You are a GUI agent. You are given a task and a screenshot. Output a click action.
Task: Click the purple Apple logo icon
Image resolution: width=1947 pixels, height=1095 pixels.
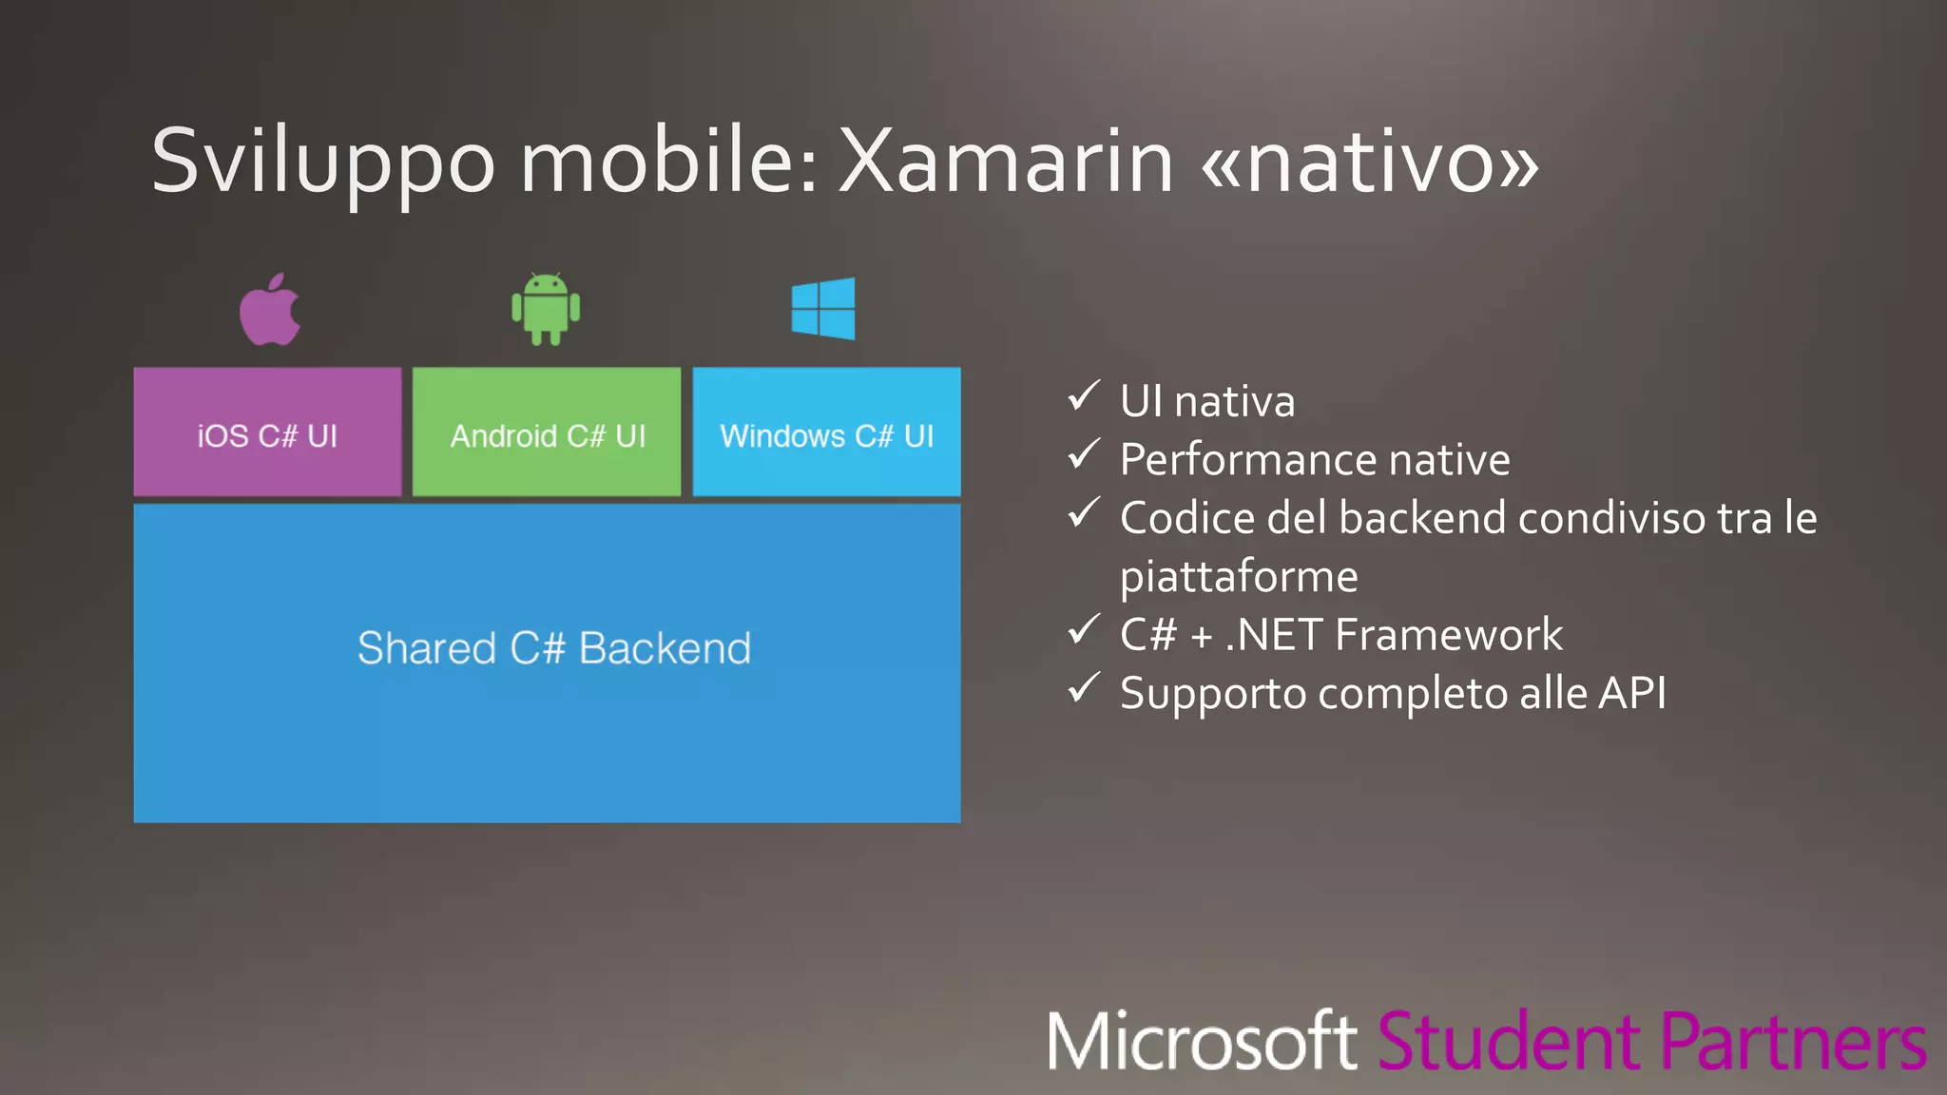pyautogui.click(x=270, y=311)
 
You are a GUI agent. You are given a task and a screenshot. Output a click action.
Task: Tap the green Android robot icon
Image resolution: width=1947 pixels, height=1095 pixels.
pyautogui.click(x=546, y=309)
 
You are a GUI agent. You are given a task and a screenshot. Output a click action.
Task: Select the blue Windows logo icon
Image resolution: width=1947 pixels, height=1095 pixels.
pyautogui.click(x=823, y=308)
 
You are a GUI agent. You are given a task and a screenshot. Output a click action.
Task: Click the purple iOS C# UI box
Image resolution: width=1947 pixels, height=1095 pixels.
pyautogui.click(x=267, y=432)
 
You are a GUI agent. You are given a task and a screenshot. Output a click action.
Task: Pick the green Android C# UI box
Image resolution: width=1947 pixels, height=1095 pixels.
pyautogui.click(x=547, y=432)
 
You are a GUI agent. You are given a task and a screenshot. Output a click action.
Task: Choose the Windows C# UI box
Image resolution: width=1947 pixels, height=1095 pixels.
pyautogui.click(x=826, y=432)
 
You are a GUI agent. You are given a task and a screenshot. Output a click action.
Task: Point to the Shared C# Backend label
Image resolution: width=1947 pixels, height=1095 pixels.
pyautogui.click(x=554, y=648)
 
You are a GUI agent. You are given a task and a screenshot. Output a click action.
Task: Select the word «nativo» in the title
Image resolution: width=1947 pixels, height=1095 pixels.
pyautogui.click(x=1370, y=162)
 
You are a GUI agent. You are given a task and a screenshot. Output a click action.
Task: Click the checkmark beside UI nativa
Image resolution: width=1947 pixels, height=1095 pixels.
pyautogui.click(x=1084, y=395)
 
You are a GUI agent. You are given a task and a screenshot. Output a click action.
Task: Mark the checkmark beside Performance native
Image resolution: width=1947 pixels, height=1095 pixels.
pyautogui.click(x=1084, y=454)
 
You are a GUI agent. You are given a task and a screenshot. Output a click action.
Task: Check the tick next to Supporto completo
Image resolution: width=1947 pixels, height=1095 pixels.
pyautogui.click(x=1084, y=688)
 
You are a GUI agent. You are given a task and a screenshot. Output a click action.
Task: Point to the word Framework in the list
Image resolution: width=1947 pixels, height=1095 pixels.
pyautogui.click(x=1454, y=635)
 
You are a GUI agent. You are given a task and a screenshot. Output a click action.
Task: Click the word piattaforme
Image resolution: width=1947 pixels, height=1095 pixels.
pyautogui.click(x=1239, y=577)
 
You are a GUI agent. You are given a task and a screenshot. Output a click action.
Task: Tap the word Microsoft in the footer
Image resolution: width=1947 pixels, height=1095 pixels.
pyautogui.click(x=1202, y=1042)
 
